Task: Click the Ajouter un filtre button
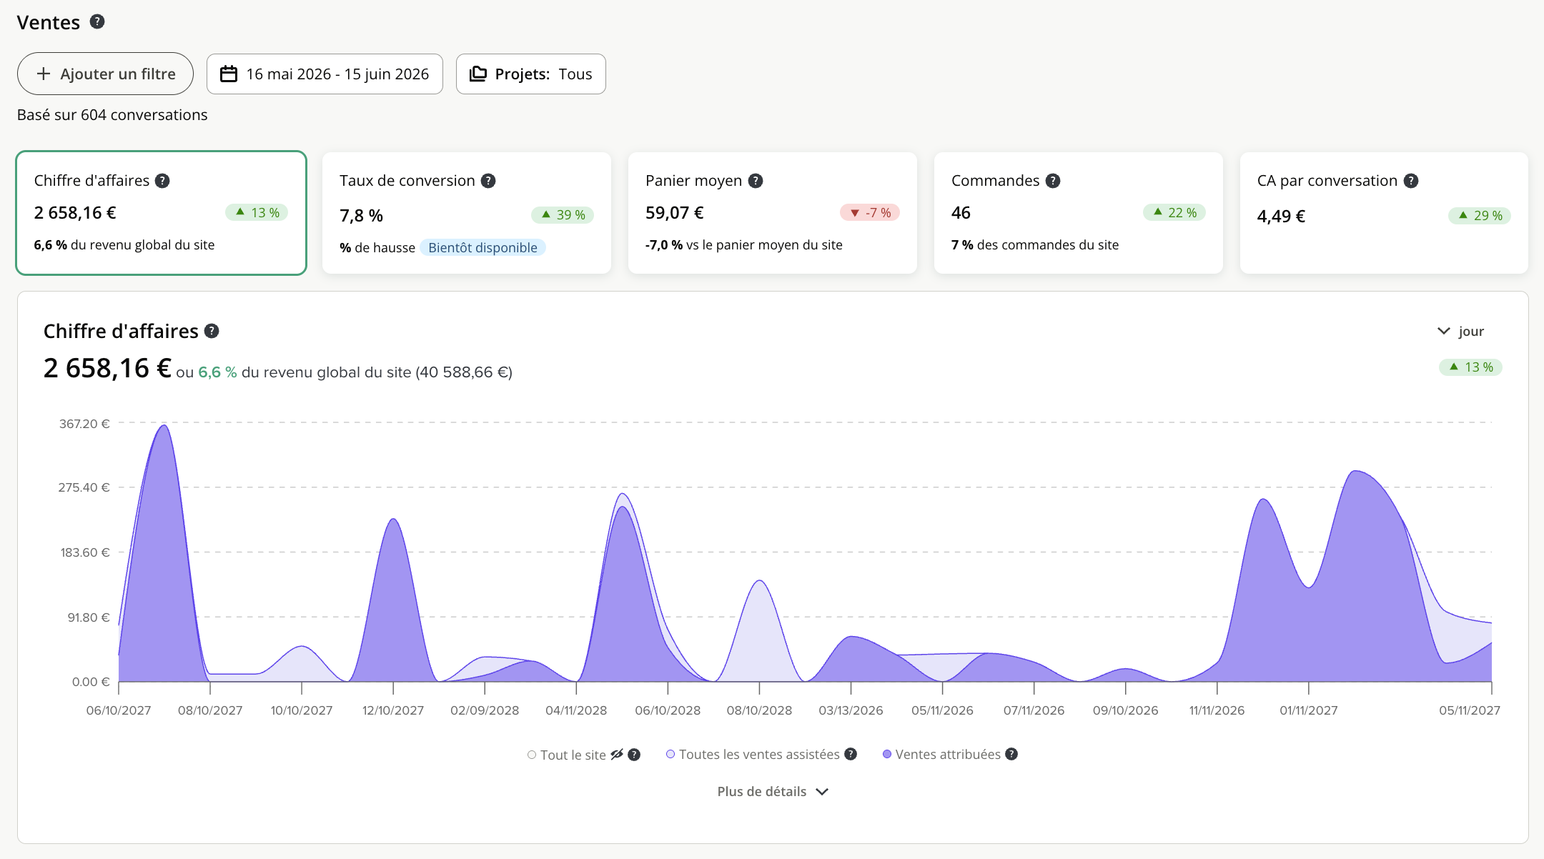coord(105,74)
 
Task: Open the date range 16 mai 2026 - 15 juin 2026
coord(325,74)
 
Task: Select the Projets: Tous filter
coord(530,74)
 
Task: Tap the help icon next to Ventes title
coord(97,22)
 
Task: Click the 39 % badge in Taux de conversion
coord(563,215)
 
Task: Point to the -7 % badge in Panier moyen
coord(870,213)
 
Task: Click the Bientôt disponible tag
coord(482,248)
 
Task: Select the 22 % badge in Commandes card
coord(1174,213)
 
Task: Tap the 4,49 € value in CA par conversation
coord(1281,216)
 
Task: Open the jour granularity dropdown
coord(1460,331)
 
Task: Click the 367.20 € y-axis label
coord(84,424)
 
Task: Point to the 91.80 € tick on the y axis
coord(89,617)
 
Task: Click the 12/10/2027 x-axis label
coord(393,710)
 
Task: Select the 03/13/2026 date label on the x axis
coord(851,710)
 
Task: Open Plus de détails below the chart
coord(773,792)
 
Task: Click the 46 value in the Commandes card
coord(961,213)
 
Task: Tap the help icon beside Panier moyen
coord(756,181)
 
